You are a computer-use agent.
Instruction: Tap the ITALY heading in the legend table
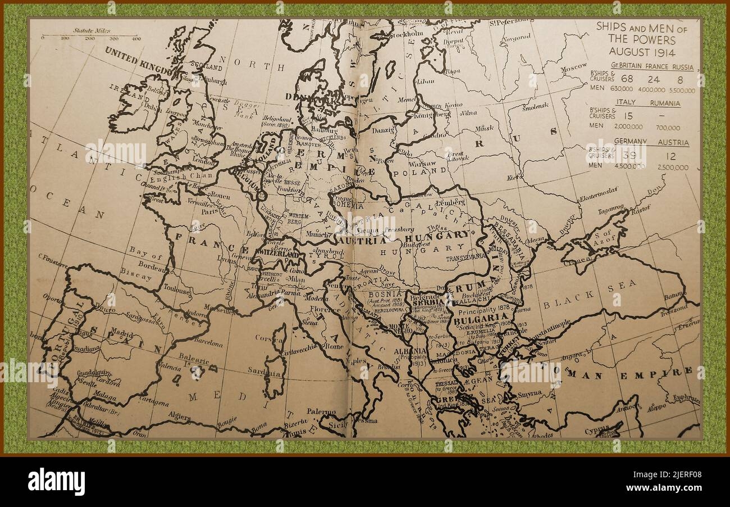[626, 103]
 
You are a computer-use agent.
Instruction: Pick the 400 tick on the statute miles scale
[135, 38]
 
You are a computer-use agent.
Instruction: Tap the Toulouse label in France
[177, 291]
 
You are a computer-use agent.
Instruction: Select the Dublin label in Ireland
[150, 104]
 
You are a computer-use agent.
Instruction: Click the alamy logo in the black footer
[57, 481]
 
